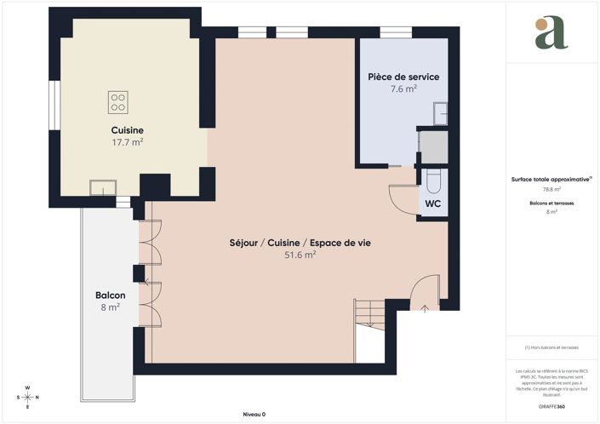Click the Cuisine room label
[127, 129]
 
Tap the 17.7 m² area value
[127, 142]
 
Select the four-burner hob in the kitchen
[118, 103]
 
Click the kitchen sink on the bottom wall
[105, 186]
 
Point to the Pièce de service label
[403, 77]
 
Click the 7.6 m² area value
[403, 89]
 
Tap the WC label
[432, 204]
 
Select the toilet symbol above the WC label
[432, 180]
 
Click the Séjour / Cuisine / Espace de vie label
[300, 243]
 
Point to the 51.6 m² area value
[300, 255]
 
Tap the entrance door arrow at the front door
[425, 308]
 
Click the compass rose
[27, 397]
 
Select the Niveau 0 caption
[254, 415]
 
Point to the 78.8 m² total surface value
[551, 189]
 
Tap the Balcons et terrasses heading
[551, 203]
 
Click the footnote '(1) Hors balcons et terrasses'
[551, 347]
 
